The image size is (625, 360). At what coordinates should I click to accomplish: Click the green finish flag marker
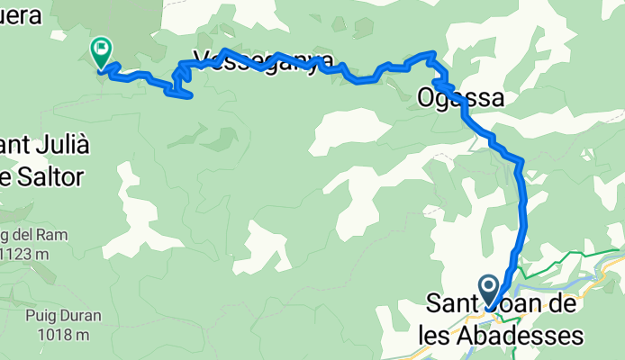100,50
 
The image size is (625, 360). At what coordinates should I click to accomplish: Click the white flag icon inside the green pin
101,46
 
